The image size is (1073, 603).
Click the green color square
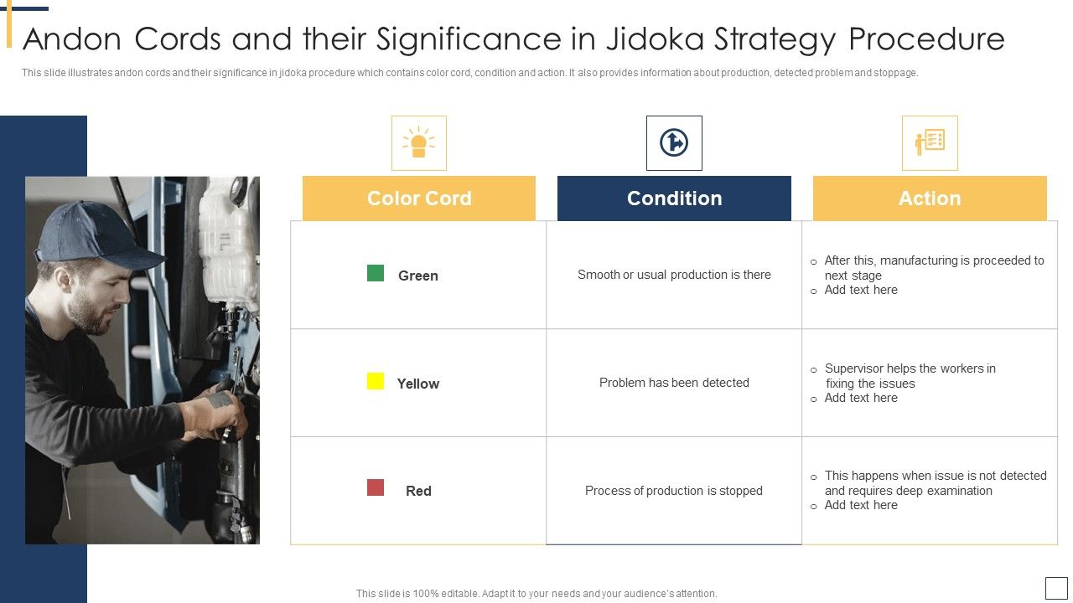click(376, 273)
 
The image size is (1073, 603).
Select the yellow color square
click(376, 381)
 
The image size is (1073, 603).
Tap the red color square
click(376, 487)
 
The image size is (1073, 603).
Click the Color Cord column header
click(419, 198)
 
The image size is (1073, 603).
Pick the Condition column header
click(674, 198)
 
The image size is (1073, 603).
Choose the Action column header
click(930, 198)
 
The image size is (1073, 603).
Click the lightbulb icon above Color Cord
click(419, 143)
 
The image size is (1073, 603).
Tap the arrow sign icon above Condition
click(674, 143)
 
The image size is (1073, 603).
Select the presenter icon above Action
click(930, 143)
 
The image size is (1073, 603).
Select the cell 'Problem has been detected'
click(674, 383)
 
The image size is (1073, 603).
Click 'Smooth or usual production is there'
click(674, 275)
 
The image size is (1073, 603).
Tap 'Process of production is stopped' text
click(674, 491)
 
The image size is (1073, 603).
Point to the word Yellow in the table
click(417, 384)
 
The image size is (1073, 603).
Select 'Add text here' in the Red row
click(861, 505)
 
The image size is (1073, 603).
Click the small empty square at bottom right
click(1056, 588)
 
